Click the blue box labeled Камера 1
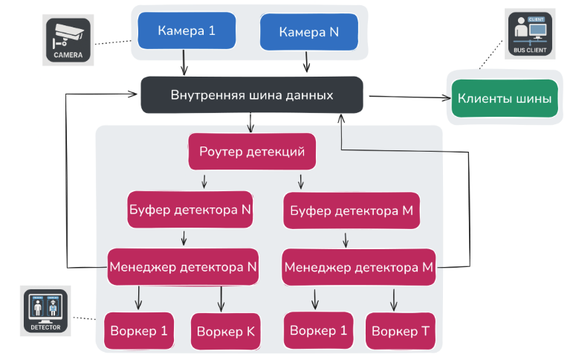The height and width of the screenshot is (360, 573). click(187, 31)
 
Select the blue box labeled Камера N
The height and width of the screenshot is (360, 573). click(308, 33)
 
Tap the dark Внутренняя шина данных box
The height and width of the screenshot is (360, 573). click(252, 96)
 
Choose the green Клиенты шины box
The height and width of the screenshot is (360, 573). click(504, 98)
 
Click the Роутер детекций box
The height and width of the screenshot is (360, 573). click(252, 152)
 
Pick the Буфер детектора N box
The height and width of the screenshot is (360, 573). click(191, 210)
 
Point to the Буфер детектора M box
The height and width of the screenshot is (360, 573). click(353, 211)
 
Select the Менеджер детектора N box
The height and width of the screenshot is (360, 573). click(183, 266)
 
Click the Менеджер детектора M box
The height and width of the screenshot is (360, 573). click(359, 266)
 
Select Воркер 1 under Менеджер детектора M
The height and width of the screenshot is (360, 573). click(318, 330)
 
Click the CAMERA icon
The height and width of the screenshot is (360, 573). click(68, 41)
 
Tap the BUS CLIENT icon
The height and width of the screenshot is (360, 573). click(528, 33)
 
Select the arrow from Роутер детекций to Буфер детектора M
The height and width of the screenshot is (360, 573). click(300, 181)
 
